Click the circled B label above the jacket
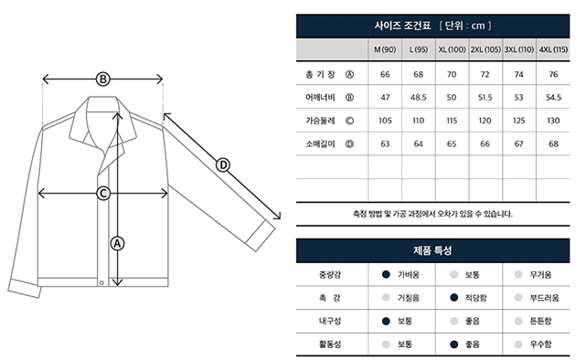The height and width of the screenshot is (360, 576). point(103,79)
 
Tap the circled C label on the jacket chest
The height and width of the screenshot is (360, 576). point(103,194)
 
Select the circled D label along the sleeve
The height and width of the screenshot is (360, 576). point(223,165)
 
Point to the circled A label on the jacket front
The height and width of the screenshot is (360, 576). point(117,243)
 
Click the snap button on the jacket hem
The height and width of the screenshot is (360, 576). point(101,282)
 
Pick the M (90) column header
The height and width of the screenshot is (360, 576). point(385,49)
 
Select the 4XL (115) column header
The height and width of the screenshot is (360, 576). point(553,49)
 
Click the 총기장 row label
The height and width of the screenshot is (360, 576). point(320,75)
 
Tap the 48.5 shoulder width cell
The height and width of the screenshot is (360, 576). point(419,98)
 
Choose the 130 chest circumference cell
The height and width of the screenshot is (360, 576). point(553,121)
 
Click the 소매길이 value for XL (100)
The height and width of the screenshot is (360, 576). point(452,143)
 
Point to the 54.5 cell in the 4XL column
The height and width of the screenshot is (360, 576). point(553,98)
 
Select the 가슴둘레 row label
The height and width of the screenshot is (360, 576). point(320,121)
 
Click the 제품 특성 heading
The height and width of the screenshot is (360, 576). point(432,250)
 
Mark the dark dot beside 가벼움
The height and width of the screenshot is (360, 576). point(386,274)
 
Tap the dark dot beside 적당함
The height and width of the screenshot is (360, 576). point(454,298)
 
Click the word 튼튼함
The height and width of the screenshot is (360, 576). point(540,321)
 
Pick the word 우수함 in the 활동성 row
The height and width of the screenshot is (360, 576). point(540,344)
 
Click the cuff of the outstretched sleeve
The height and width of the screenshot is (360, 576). point(261,236)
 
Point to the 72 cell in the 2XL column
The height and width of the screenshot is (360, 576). point(485,75)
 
